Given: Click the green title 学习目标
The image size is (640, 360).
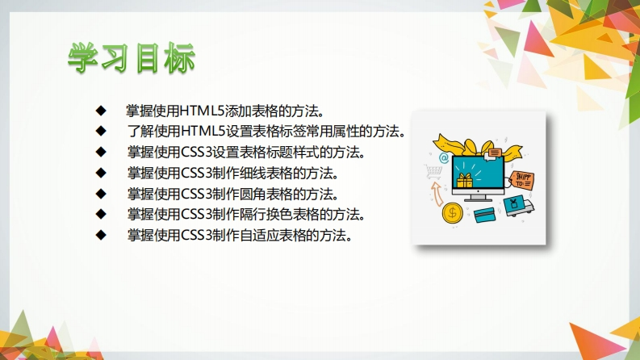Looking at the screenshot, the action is (x=132, y=58).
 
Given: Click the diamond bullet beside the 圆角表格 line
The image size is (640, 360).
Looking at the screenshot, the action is (x=101, y=194).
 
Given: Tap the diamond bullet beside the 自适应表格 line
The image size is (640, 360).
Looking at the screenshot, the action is (x=101, y=235).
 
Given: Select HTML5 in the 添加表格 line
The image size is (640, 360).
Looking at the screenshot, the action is (x=202, y=111).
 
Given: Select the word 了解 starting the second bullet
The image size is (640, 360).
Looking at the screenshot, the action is (x=140, y=132).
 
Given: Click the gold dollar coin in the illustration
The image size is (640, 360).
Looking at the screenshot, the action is (x=452, y=212).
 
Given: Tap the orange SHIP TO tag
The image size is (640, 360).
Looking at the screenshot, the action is (x=521, y=181).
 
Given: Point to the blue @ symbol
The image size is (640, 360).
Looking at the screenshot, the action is (x=444, y=157).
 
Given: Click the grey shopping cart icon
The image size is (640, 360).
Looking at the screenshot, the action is (x=433, y=171).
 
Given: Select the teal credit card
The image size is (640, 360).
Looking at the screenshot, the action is (x=485, y=215).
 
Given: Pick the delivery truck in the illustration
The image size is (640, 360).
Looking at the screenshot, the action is (x=519, y=206).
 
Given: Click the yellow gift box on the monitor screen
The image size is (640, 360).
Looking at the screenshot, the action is (x=465, y=180).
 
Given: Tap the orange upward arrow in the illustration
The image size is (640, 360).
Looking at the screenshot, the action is (x=437, y=194).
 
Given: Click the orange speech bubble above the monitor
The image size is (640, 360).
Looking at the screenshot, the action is (x=494, y=153).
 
